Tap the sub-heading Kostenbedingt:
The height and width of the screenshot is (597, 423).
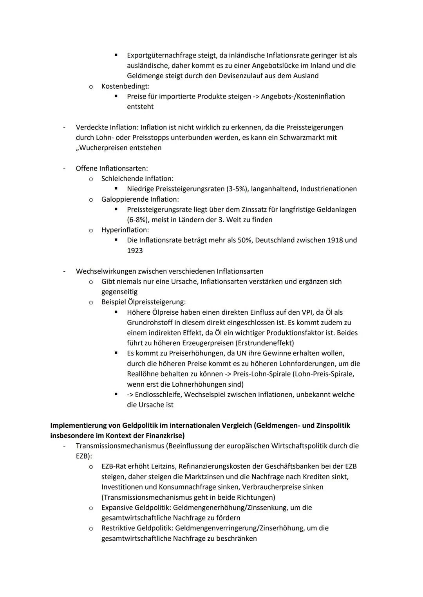click(125, 86)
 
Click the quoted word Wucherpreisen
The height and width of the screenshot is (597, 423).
click(102, 148)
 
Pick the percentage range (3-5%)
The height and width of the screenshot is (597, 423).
click(237, 189)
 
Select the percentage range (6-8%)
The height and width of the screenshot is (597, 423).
click(140, 220)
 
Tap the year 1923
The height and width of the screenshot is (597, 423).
click(135, 251)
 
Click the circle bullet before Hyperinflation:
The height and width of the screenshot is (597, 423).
click(90, 230)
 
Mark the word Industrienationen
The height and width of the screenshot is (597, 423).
click(328, 189)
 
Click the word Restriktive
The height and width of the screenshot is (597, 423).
click(118, 528)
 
